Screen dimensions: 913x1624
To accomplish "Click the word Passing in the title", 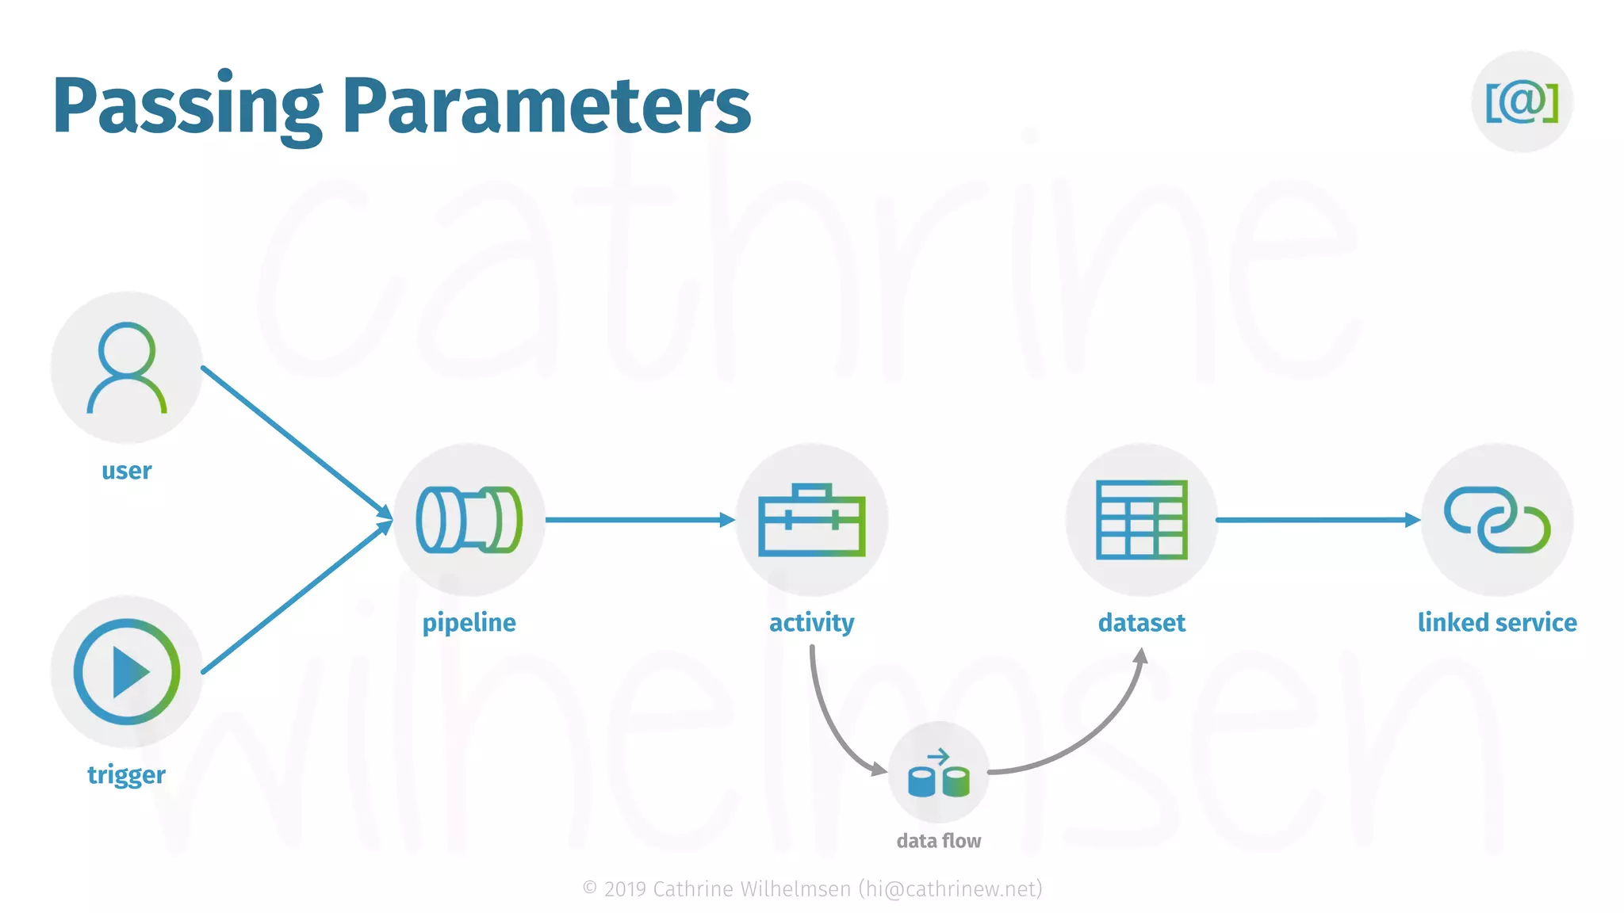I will pos(187,106).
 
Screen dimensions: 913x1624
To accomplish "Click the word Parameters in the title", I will pos(546,106).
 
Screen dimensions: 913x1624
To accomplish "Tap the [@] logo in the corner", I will pos(1522,101).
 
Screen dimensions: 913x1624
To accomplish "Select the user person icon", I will pos(127,368).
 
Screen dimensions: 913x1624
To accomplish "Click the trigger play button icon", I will pos(127,671).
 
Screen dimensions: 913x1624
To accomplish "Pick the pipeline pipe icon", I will pos(469,520).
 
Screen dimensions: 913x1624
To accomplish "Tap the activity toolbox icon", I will pos(811,520).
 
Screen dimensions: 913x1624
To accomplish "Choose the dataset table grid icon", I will pos(1141,520).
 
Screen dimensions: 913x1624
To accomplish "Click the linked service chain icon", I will pos(1496,520).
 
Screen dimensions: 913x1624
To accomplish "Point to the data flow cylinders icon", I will pos(938,773).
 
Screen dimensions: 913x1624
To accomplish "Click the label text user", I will pos(127,471).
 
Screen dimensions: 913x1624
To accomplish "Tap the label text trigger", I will pos(127,774).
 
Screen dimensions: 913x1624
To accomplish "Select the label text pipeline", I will pos(469,623).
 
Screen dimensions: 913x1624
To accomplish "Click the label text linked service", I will pos(1496,623).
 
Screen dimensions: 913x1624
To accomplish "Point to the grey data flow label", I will pos(938,841).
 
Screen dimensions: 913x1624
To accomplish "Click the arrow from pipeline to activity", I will pos(639,520).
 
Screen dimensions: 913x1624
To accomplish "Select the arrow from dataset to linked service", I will pos(1316,520).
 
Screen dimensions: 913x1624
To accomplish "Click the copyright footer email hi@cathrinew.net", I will pos(950,889).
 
